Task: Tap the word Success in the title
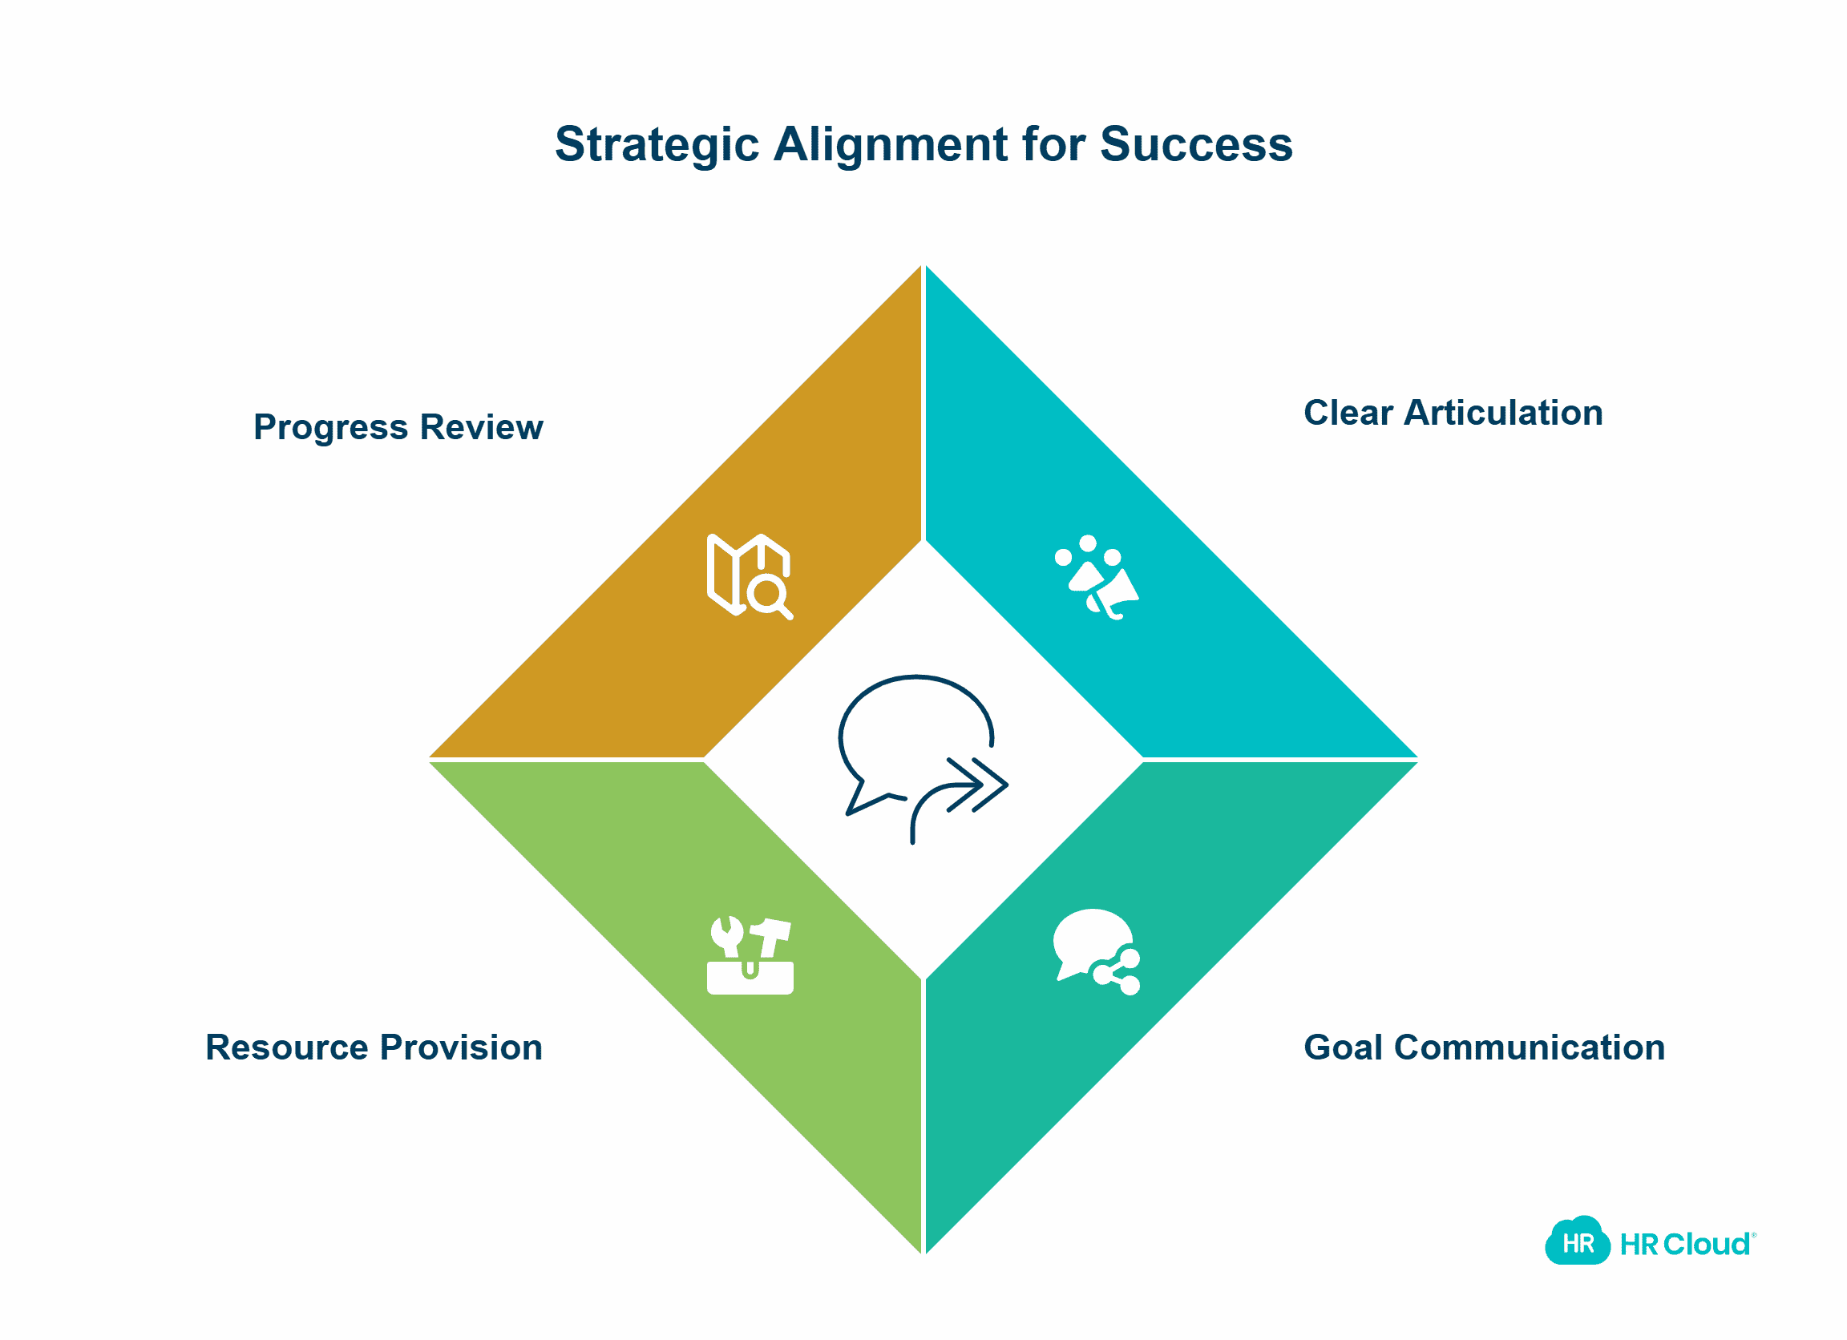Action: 1196,144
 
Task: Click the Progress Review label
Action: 398,428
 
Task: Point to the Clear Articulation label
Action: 1453,413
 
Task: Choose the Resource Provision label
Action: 374,1047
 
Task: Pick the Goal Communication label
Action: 1484,1047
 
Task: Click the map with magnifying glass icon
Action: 750,576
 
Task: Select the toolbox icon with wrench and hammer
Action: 750,956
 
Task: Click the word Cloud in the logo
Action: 1706,1244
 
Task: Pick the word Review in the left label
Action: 481,426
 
